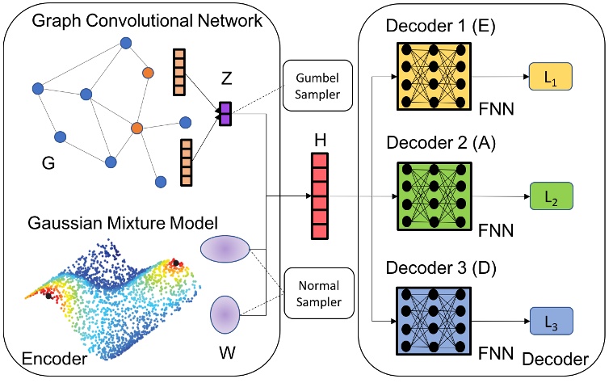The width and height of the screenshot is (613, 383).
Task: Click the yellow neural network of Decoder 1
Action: (x=432, y=76)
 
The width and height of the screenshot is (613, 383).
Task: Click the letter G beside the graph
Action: (x=48, y=165)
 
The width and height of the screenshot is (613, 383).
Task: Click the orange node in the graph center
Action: (x=137, y=128)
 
